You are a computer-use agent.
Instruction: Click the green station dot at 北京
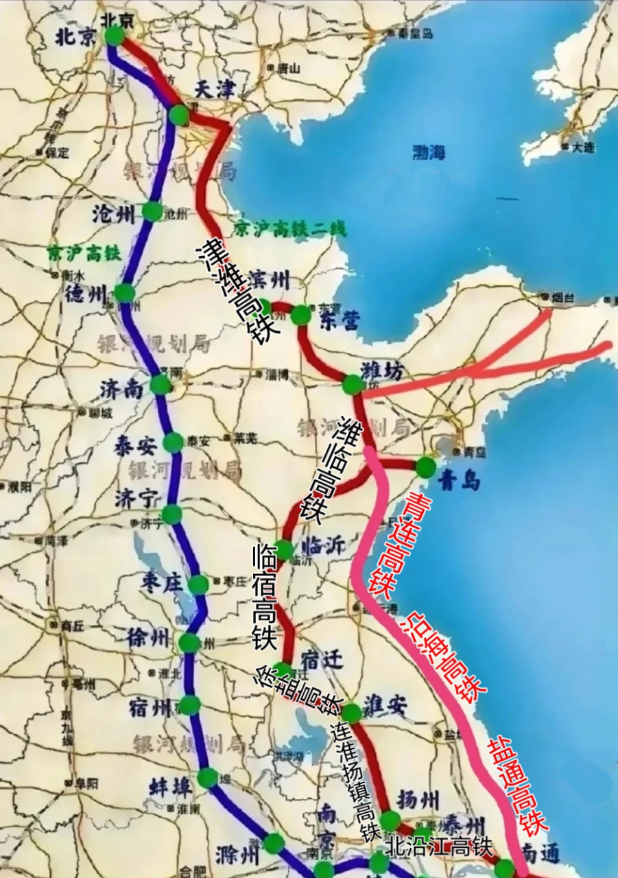(x=115, y=36)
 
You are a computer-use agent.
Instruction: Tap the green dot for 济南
(x=161, y=384)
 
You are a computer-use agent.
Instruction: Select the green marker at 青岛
(x=425, y=467)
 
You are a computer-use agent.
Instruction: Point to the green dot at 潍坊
(x=352, y=384)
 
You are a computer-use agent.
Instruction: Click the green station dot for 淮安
(x=351, y=713)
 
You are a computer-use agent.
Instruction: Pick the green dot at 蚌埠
(x=207, y=778)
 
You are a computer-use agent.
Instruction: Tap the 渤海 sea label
(x=429, y=152)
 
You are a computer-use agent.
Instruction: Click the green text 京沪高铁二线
(x=290, y=228)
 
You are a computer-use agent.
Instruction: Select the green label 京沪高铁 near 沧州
(x=84, y=253)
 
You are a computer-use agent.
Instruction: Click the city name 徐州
(x=147, y=639)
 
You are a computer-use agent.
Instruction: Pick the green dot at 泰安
(x=173, y=442)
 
